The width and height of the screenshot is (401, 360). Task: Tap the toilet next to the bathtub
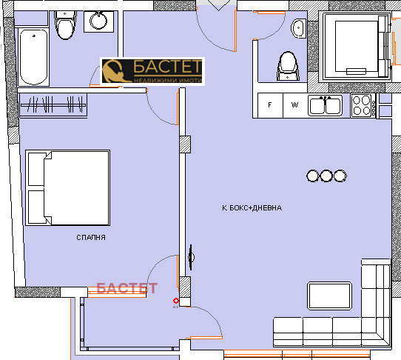coord(66,28)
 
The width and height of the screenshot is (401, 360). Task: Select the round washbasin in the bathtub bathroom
coord(98,21)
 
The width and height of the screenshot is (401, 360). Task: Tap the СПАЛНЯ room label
coord(91,238)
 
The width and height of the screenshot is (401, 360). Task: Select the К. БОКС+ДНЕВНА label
coord(252,208)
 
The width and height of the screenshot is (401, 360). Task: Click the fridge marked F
coord(271,105)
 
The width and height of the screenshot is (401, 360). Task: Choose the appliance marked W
coord(294,105)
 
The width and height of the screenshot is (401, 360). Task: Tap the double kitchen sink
coord(325,105)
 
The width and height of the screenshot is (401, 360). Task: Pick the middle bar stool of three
coord(326,176)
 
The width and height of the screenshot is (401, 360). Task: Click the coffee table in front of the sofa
coord(329,294)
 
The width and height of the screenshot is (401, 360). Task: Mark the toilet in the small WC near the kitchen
coord(286,66)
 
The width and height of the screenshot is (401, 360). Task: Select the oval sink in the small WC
coord(300,29)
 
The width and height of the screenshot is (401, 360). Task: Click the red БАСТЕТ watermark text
coord(127,288)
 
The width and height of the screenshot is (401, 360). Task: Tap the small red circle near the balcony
coord(176,301)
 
